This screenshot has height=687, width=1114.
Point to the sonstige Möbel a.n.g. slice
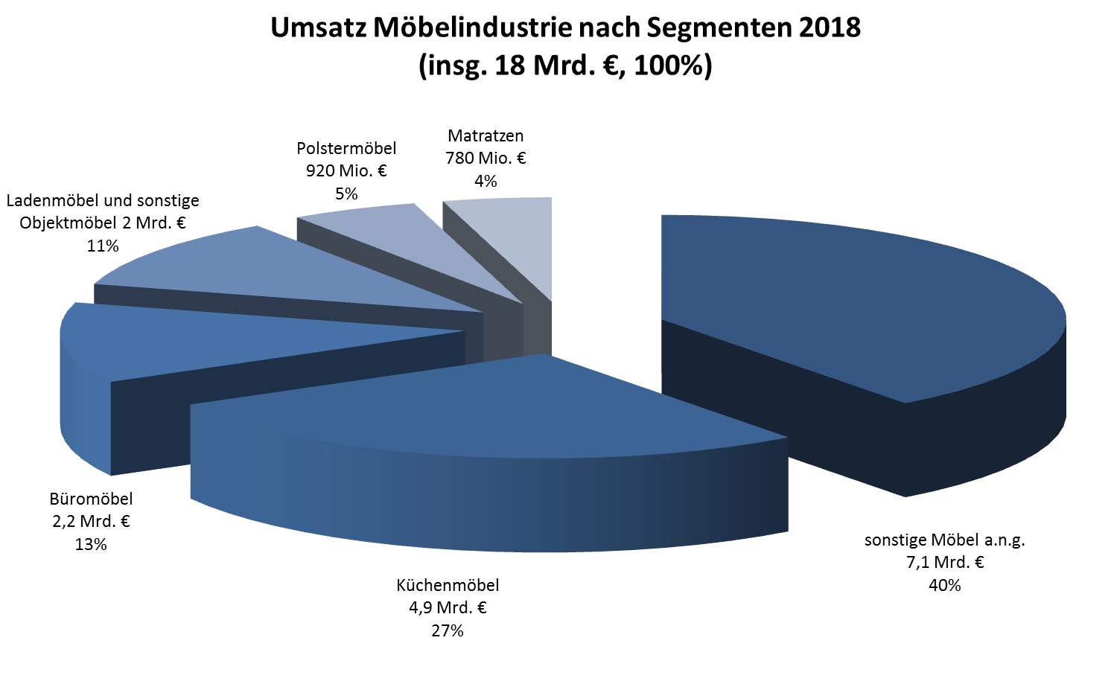click(856, 298)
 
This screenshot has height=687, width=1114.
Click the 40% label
click(944, 585)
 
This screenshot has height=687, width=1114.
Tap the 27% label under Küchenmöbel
click(447, 630)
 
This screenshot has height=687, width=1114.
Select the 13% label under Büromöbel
click(90, 544)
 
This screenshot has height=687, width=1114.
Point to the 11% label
click(103, 246)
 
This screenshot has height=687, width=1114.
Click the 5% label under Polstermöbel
click(346, 194)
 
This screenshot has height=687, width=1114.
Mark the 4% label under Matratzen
click(486, 181)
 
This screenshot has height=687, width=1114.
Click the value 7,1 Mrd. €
click(944, 563)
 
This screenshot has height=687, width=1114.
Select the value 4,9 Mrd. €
click(447, 607)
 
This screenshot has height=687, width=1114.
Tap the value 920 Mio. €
click(346, 171)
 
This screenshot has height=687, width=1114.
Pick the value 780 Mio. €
click(486, 159)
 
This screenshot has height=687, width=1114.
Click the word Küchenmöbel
click(447, 585)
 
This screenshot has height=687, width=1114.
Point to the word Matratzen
click(486, 136)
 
